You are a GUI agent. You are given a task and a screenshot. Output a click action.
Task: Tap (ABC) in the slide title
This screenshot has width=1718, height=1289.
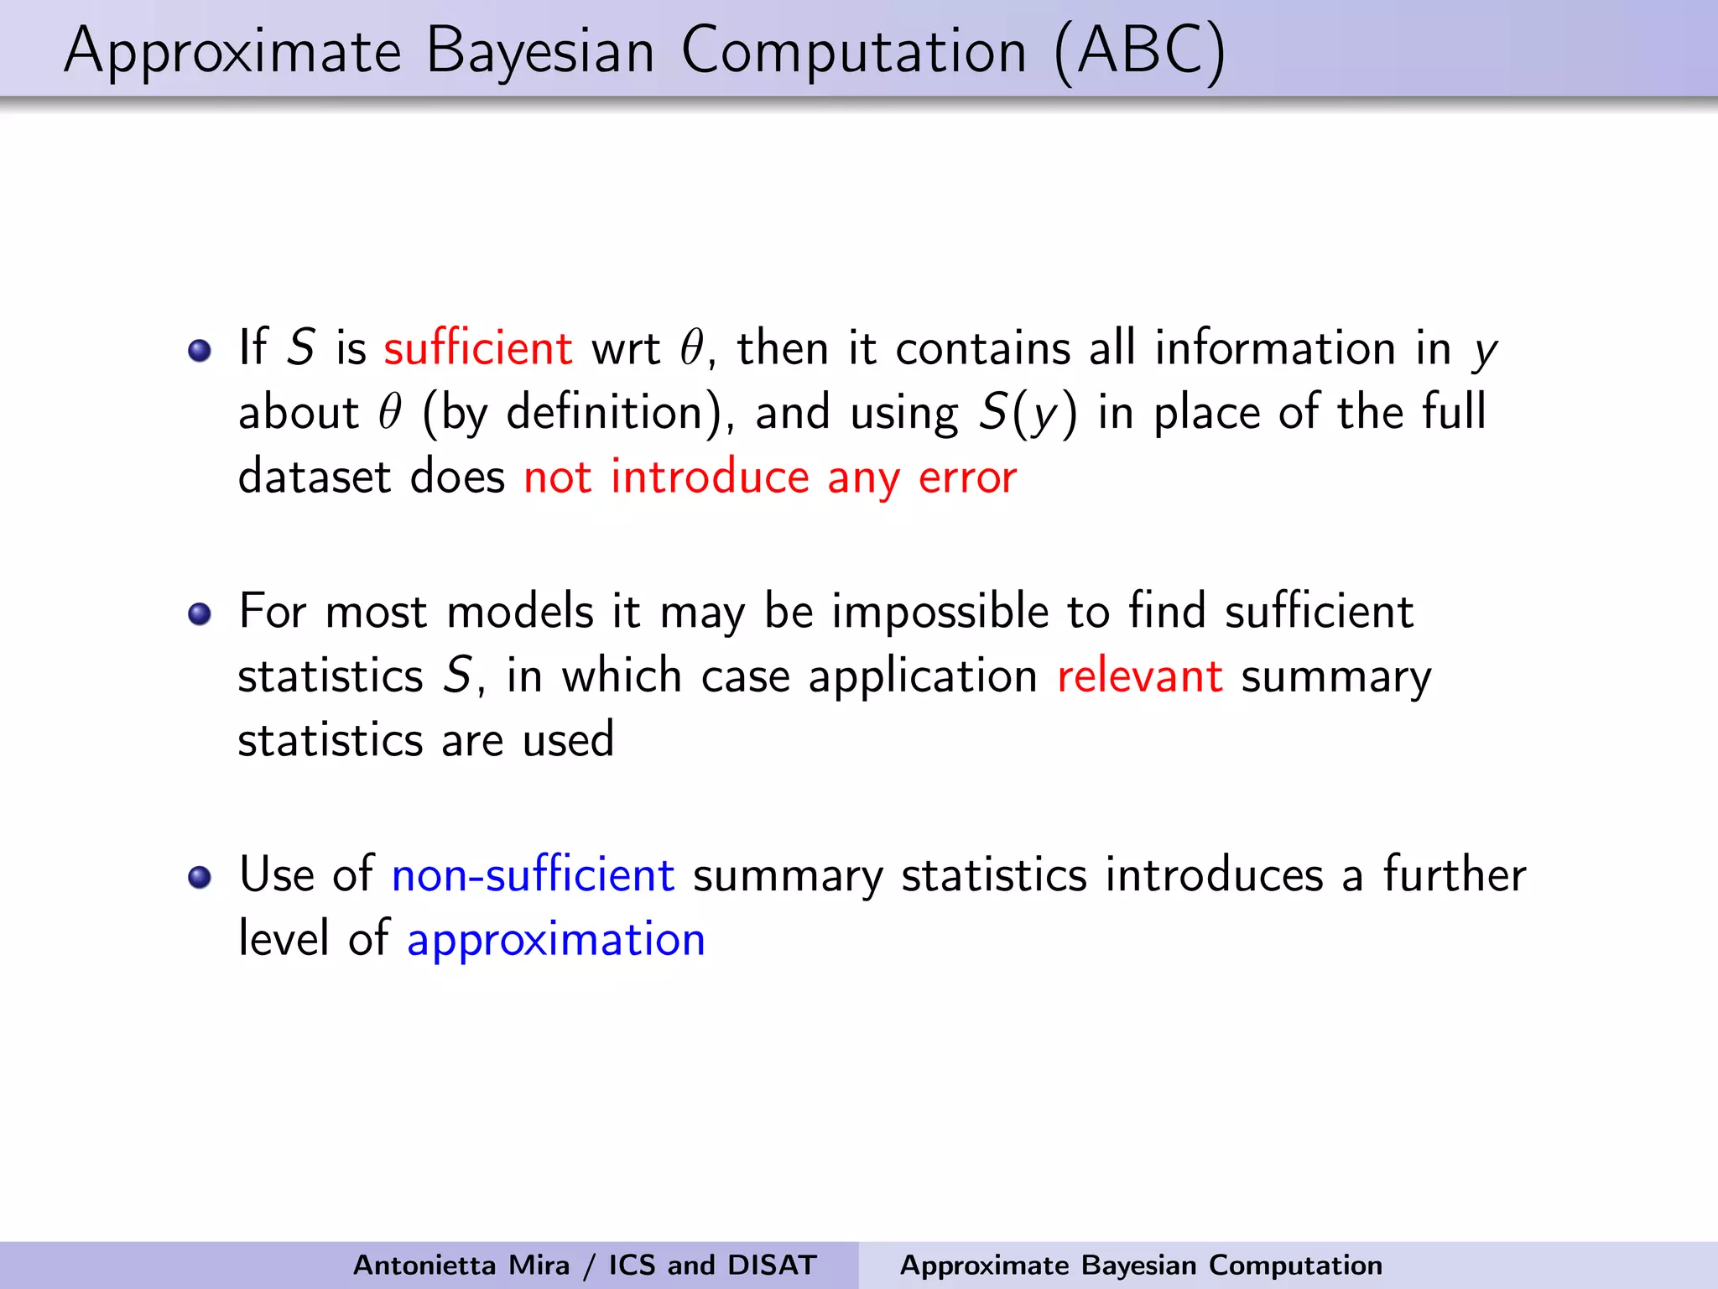click(x=1139, y=52)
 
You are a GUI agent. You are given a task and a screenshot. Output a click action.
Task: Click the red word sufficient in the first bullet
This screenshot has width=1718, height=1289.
click(x=478, y=347)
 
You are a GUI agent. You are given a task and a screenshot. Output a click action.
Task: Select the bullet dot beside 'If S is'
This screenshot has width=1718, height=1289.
click(x=200, y=350)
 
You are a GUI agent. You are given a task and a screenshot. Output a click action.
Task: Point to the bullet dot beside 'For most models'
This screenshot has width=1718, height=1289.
click(x=200, y=614)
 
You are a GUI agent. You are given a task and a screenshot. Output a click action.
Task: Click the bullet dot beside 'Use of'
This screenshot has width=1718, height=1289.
click(x=200, y=878)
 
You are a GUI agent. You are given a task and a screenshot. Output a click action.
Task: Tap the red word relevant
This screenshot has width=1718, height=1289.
click(x=1139, y=676)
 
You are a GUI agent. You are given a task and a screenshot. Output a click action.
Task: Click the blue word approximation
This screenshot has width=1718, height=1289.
click(x=555, y=940)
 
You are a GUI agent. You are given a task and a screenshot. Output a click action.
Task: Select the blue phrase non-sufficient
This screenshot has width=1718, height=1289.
click(x=533, y=875)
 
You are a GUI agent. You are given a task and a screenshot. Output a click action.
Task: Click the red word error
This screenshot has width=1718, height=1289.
click(x=967, y=478)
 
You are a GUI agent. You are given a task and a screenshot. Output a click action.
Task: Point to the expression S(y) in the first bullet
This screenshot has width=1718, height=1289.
click(x=1028, y=413)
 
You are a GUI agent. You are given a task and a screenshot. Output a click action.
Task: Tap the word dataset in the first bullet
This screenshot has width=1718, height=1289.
click(x=315, y=478)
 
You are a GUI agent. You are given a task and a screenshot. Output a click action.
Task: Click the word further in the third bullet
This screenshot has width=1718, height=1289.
click(x=1454, y=875)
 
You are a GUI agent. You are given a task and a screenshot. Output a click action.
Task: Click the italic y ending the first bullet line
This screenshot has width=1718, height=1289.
click(x=1484, y=351)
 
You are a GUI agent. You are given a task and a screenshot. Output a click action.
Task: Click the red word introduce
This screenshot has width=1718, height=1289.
click(x=710, y=478)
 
